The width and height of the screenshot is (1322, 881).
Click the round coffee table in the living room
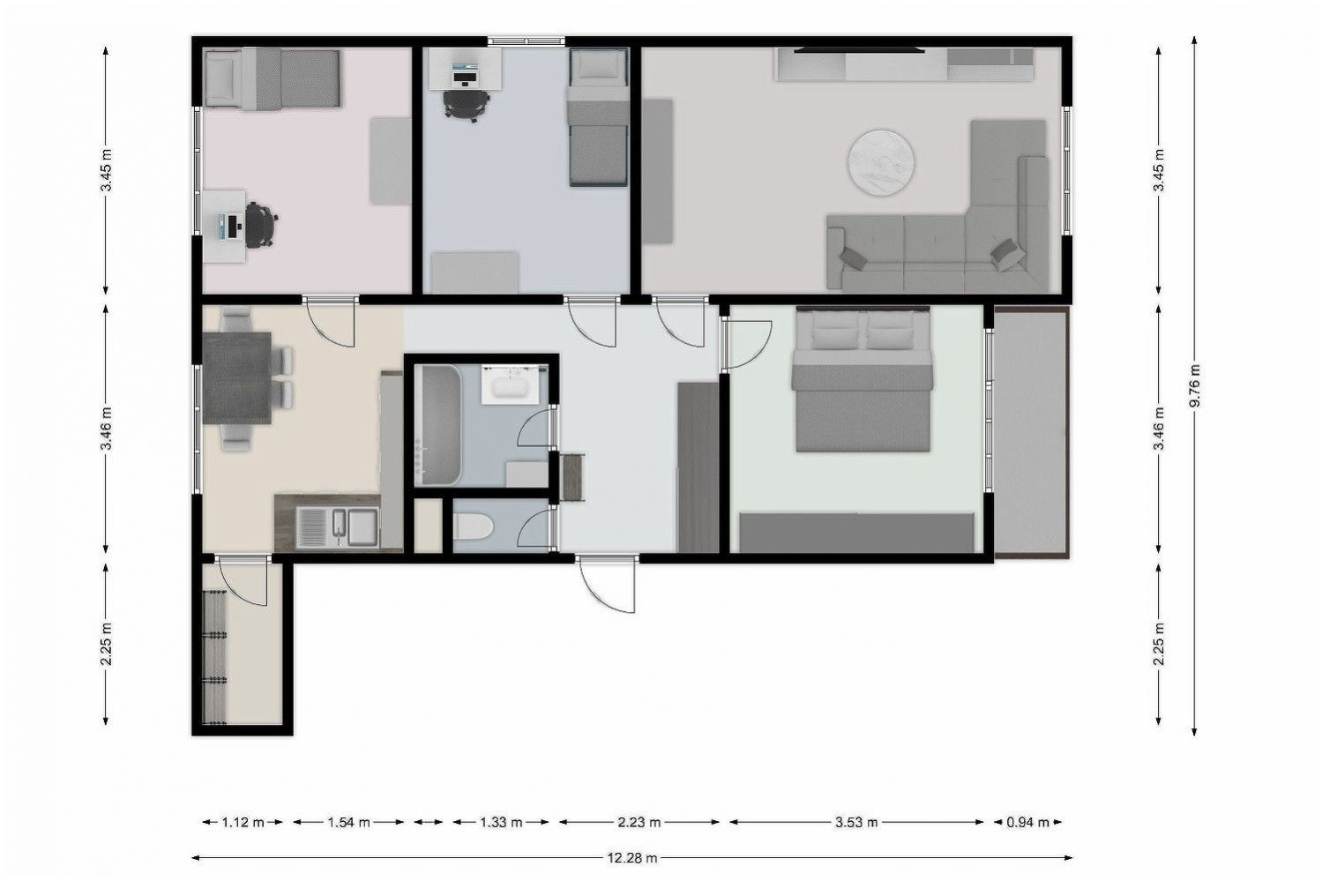point(882,162)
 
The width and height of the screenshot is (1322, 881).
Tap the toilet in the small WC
point(472,526)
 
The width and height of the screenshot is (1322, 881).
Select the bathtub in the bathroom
point(437,425)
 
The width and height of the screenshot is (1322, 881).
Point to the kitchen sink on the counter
point(338,527)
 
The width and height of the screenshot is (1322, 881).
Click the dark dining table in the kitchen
point(237,377)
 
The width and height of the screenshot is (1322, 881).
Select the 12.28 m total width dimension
point(632,858)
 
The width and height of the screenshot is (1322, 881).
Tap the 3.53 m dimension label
point(856,822)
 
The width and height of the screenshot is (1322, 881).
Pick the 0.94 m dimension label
point(1027,822)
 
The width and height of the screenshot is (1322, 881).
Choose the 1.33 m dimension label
point(501,822)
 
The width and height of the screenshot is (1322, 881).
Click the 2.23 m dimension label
point(639,822)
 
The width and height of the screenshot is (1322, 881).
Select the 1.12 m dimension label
point(243,822)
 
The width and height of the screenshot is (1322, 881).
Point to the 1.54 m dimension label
point(348,822)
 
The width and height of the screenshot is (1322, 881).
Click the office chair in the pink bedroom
point(260,225)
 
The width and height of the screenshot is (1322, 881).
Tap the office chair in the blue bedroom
point(467,105)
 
